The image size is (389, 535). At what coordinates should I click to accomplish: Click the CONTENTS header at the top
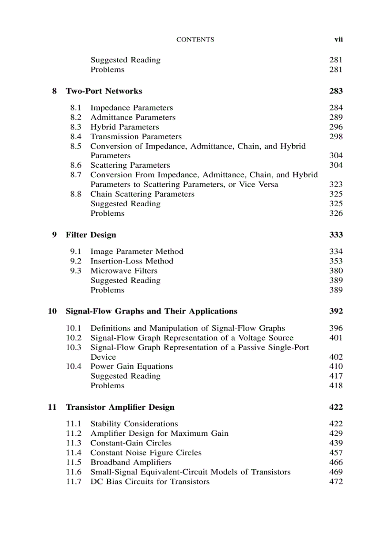tap(195, 40)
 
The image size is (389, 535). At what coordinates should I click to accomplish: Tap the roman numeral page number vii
tap(338, 40)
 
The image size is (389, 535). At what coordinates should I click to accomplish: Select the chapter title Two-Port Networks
tap(104, 91)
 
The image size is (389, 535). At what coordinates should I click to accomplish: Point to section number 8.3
tap(76, 127)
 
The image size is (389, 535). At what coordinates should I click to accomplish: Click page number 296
tap(336, 127)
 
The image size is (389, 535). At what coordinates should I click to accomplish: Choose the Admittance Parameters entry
tap(133, 118)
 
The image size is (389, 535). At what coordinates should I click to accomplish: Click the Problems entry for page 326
tap(107, 213)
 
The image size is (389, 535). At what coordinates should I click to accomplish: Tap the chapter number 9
tap(54, 235)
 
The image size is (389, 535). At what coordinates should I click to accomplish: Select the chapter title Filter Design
tap(91, 235)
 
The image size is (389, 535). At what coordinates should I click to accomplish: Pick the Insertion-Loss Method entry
tap(132, 261)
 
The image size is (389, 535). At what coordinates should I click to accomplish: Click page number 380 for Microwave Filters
tap(336, 271)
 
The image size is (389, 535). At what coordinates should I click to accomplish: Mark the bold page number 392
tap(336, 312)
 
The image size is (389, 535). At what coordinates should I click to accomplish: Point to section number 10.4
tap(73, 366)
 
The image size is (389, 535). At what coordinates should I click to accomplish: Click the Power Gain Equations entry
tap(132, 366)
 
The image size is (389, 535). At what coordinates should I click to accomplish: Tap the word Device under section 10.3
tap(103, 357)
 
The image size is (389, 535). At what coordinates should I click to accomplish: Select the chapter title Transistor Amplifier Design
tap(120, 407)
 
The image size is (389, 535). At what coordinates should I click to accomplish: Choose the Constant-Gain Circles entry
tap(131, 443)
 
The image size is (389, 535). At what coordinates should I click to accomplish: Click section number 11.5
tap(73, 462)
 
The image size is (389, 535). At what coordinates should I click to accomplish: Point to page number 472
tap(336, 482)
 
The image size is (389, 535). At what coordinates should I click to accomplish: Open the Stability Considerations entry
tap(134, 424)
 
